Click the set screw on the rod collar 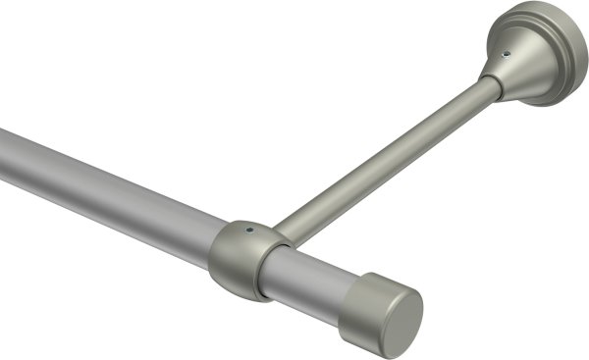[251, 232]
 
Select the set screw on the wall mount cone [508, 56]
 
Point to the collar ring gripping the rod [236, 257]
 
